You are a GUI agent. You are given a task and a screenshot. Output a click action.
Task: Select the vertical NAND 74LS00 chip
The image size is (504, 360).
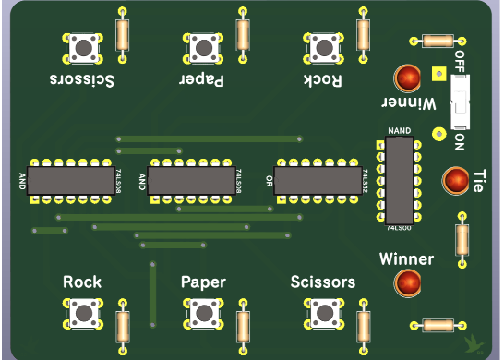click(x=399, y=179)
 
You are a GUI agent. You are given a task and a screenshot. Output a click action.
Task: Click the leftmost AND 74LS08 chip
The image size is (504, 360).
click(x=69, y=180)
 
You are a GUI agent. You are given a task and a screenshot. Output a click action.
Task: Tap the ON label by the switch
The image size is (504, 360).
click(x=460, y=141)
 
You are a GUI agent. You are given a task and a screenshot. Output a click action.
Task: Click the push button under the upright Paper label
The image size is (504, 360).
click(x=203, y=314)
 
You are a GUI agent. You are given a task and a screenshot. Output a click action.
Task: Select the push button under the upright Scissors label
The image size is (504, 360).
click(x=322, y=314)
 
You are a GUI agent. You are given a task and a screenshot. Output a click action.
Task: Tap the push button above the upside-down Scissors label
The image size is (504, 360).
click(x=84, y=46)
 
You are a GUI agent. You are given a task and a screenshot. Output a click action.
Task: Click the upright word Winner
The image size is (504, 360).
click(x=406, y=259)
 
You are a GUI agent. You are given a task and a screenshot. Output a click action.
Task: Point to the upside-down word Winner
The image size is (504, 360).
click(x=407, y=101)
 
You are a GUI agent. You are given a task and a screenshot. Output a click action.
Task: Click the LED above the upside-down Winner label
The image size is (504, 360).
click(x=407, y=77)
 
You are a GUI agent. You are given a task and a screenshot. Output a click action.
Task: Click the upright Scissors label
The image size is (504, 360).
click(x=322, y=282)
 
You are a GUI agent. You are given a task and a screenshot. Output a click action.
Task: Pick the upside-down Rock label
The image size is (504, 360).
click(x=323, y=80)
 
